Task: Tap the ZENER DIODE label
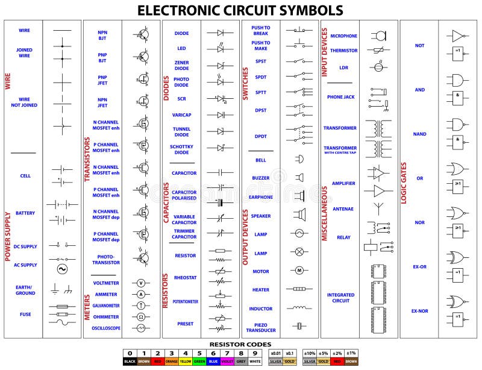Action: pos(181,65)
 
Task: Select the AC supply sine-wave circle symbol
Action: pos(61,269)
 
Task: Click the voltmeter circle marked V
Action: pos(141,283)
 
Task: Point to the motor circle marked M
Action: pos(298,271)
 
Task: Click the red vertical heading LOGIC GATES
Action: pos(404,193)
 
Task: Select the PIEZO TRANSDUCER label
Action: pos(261,327)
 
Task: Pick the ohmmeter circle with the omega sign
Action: pos(141,316)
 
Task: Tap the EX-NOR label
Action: pos(419,311)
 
